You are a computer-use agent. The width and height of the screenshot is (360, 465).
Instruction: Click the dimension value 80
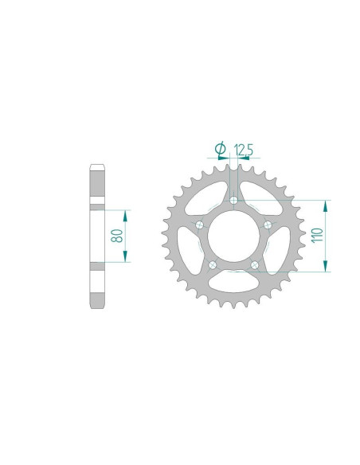[x=116, y=236]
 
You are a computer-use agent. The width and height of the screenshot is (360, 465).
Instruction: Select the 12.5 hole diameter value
[x=244, y=149]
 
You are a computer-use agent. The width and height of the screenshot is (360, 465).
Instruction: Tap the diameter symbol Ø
[x=220, y=149]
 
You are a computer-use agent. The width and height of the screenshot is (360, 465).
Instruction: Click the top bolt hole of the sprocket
[x=233, y=201]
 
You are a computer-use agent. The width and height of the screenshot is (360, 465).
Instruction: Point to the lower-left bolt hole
[x=212, y=264]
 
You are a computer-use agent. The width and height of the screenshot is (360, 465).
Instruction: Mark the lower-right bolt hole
[x=253, y=264]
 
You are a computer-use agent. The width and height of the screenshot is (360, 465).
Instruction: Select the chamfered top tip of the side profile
[x=97, y=167]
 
